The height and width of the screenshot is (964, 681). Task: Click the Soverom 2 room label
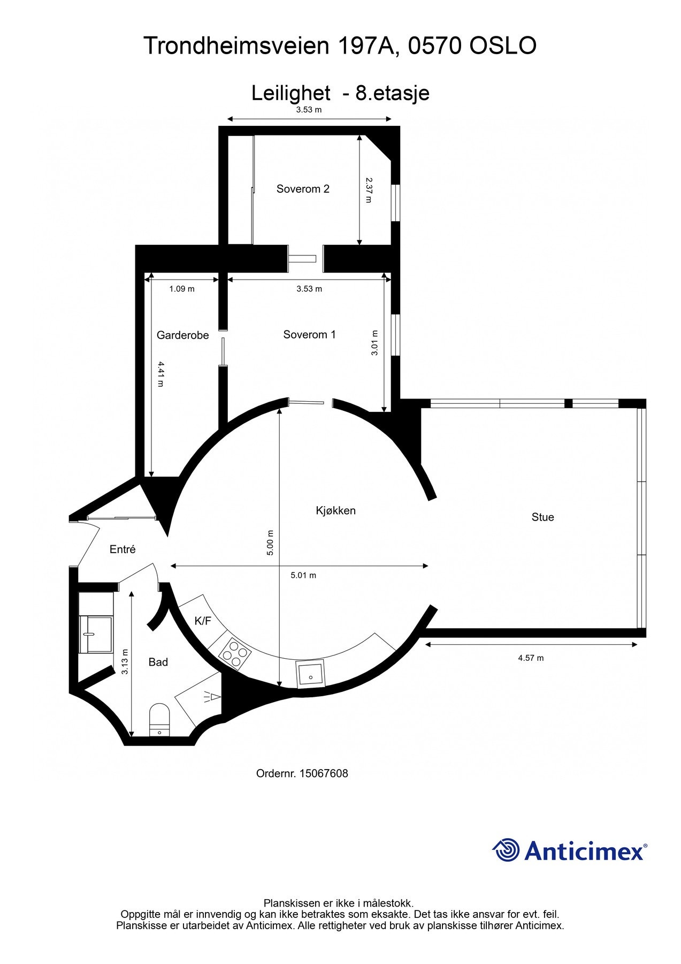(x=303, y=189)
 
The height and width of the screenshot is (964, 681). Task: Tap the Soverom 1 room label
(x=309, y=335)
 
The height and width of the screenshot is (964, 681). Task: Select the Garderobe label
(x=182, y=335)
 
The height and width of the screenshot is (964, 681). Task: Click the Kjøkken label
(x=335, y=510)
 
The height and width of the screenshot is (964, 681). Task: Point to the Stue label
(x=542, y=517)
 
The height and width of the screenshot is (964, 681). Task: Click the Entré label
(x=123, y=549)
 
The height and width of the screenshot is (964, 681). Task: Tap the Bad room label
(x=158, y=662)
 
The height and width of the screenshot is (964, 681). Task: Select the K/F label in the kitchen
(x=203, y=621)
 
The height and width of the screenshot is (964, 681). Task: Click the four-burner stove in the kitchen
(x=235, y=653)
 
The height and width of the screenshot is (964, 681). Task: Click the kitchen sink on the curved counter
(x=310, y=675)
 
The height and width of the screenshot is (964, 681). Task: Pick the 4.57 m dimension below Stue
(x=531, y=658)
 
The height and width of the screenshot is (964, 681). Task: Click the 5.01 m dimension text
(x=303, y=576)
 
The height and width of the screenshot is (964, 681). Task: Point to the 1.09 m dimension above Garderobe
(x=182, y=289)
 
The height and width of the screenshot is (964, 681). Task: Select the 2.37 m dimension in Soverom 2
(x=368, y=190)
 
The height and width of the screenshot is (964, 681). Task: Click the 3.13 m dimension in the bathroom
(x=125, y=661)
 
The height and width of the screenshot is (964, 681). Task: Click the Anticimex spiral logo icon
(x=506, y=850)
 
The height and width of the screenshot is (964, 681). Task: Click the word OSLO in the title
(x=503, y=46)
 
